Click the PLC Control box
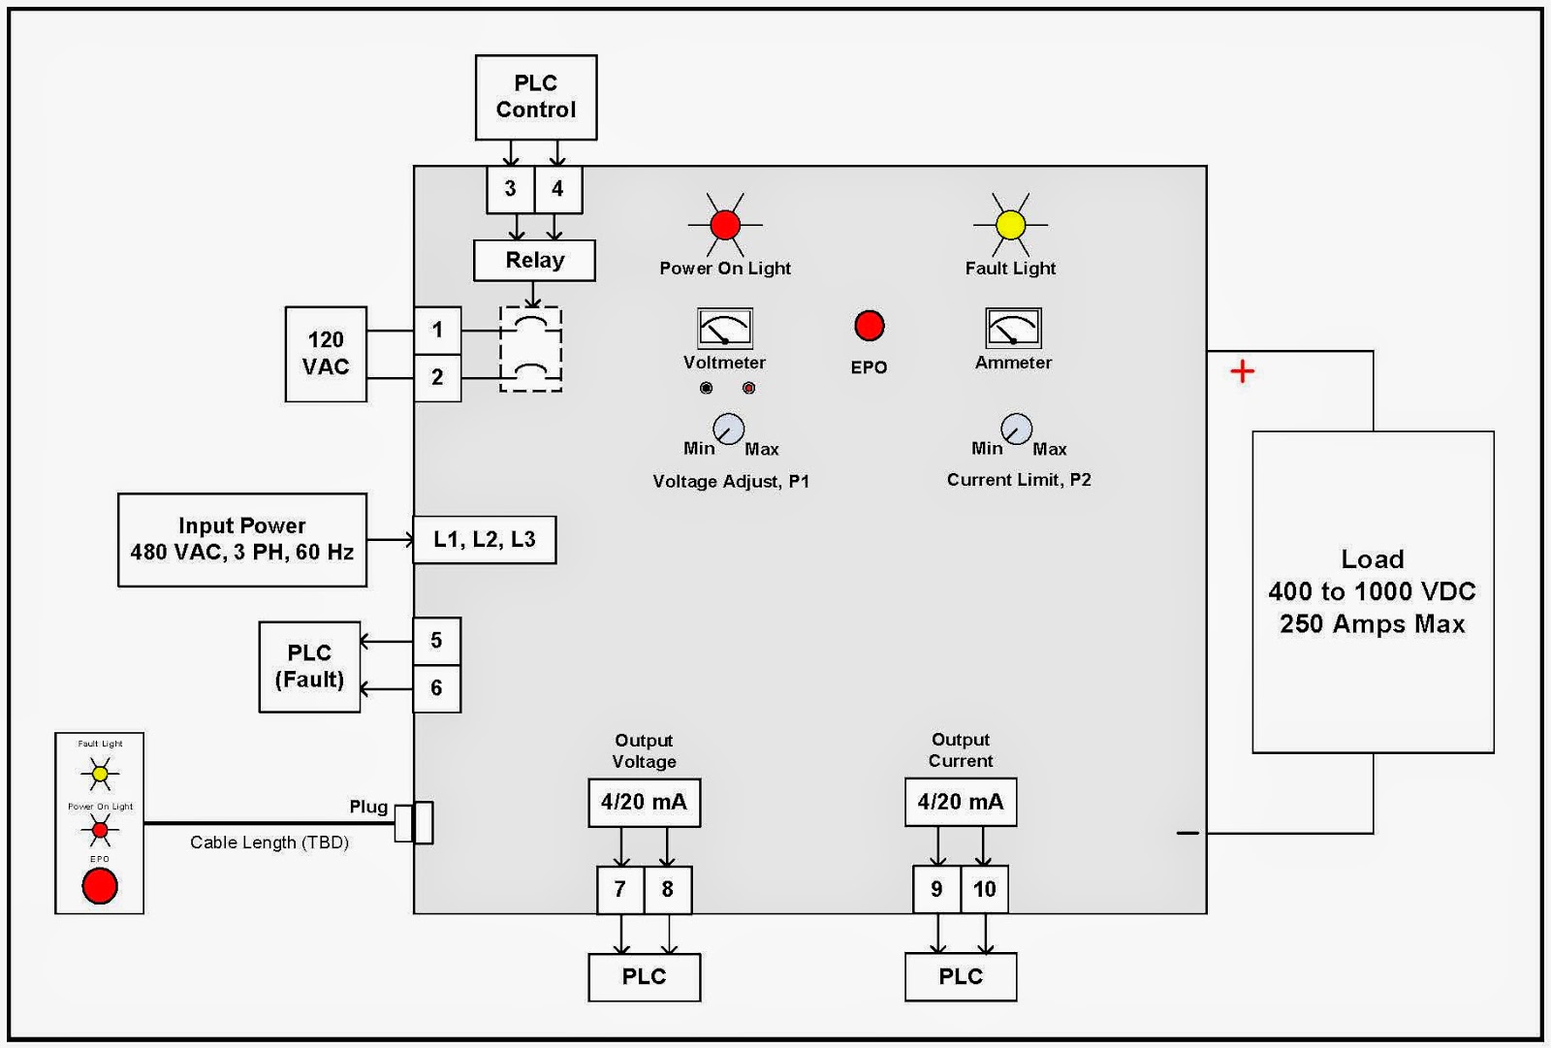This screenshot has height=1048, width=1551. tap(535, 97)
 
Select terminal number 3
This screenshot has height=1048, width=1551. tap(510, 189)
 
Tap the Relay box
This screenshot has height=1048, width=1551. tap(534, 260)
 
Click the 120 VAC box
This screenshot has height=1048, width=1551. tap(326, 354)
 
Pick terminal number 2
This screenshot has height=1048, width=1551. tap(437, 377)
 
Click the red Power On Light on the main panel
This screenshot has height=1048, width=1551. tap(725, 225)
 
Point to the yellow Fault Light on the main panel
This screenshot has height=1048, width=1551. tap(1010, 225)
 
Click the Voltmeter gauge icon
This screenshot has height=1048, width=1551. tap(724, 329)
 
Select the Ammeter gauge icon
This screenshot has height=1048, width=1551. tap(1013, 329)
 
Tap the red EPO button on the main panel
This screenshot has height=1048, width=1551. tap(869, 326)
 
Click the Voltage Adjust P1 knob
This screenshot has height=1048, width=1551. tap(728, 429)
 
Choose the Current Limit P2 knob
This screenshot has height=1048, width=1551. tap(1016, 428)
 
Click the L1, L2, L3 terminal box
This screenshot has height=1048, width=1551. tap(484, 540)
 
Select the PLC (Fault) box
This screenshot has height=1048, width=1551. tap(309, 667)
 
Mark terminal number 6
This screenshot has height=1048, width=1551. tap(436, 688)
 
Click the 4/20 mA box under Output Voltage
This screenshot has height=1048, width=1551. tap(644, 803)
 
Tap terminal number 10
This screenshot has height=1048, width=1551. tap(984, 889)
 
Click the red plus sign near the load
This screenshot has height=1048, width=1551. tap(1242, 371)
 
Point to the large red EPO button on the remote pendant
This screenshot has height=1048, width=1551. tap(100, 886)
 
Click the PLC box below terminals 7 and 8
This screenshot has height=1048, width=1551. tap(644, 977)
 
